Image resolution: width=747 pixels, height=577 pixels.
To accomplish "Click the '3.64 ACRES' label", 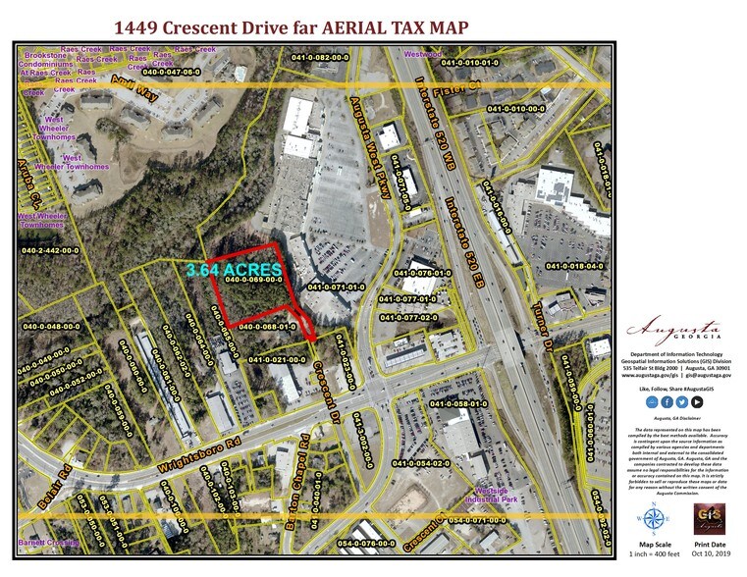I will (x=234, y=268).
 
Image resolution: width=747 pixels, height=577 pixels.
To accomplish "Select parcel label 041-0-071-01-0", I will (x=336, y=288).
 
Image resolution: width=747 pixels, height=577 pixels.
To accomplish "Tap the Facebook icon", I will (x=667, y=401).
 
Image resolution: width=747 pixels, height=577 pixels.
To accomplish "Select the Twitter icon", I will (x=682, y=401).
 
